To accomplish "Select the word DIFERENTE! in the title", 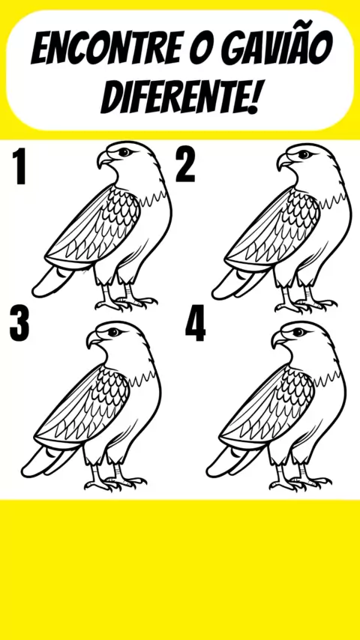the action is pyautogui.click(x=180, y=97).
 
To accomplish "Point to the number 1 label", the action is pyautogui.click(x=19, y=166).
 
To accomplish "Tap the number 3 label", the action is pyautogui.click(x=19, y=324).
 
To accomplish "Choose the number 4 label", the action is pyautogui.click(x=195, y=324).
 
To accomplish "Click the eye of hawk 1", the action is pyautogui.click(x=124, y=153).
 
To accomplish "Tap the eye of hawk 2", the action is pyautogui.click(x=304, y=154).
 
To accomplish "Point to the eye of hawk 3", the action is pyautogui.click(x=113, y=332).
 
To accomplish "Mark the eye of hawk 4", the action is pyautogui.click(x=298, y=332).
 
